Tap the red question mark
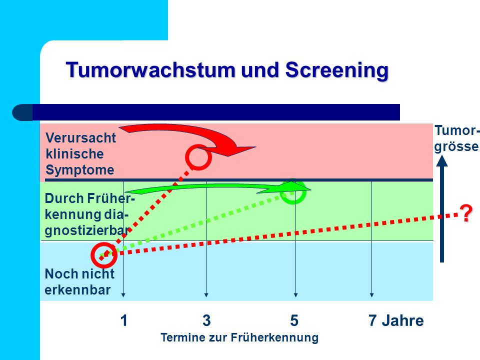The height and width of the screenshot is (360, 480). click(x=466, y=213)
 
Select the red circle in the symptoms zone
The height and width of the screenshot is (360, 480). click(x=198, y=145)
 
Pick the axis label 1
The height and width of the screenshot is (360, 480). click(x=123, y=320)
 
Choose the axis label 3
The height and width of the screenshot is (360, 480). click(x=206, y=320)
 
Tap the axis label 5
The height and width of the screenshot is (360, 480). click(x=294, y=320)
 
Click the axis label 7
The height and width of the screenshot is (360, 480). click(x=372, y=320)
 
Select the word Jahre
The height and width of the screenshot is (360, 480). click(x=403, y=320)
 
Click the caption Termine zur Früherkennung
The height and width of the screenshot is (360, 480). click(x=239, y=337)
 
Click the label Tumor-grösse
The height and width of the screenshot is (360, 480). click(x=456, y=138)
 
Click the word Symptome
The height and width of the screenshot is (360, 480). click(x=80, y=170)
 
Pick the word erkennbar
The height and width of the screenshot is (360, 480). click(x=77, y=290)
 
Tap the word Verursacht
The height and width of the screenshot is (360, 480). click(x=81, y=138)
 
